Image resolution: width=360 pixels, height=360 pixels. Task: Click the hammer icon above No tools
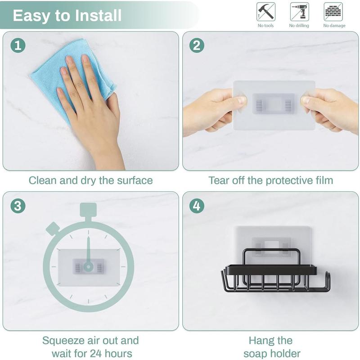pos(265,12)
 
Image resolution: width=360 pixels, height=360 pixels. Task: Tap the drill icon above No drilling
pos(299,12)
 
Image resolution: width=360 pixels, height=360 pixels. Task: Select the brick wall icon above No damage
pos(333,12)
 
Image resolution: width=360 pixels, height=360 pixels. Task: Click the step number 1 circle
pos(18,45)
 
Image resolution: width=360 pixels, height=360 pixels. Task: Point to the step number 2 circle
pos(197,45)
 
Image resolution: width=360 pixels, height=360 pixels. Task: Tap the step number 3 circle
pos(18,206)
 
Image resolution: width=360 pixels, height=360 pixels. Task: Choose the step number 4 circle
pos(197,206)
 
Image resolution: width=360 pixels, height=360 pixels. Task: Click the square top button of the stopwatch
pos(88,210)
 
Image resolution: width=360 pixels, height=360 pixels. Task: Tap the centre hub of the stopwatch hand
pos(88,266)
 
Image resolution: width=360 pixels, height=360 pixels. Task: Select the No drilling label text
pos(299,26)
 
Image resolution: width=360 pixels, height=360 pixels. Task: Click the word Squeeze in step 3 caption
pos(65,341)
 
